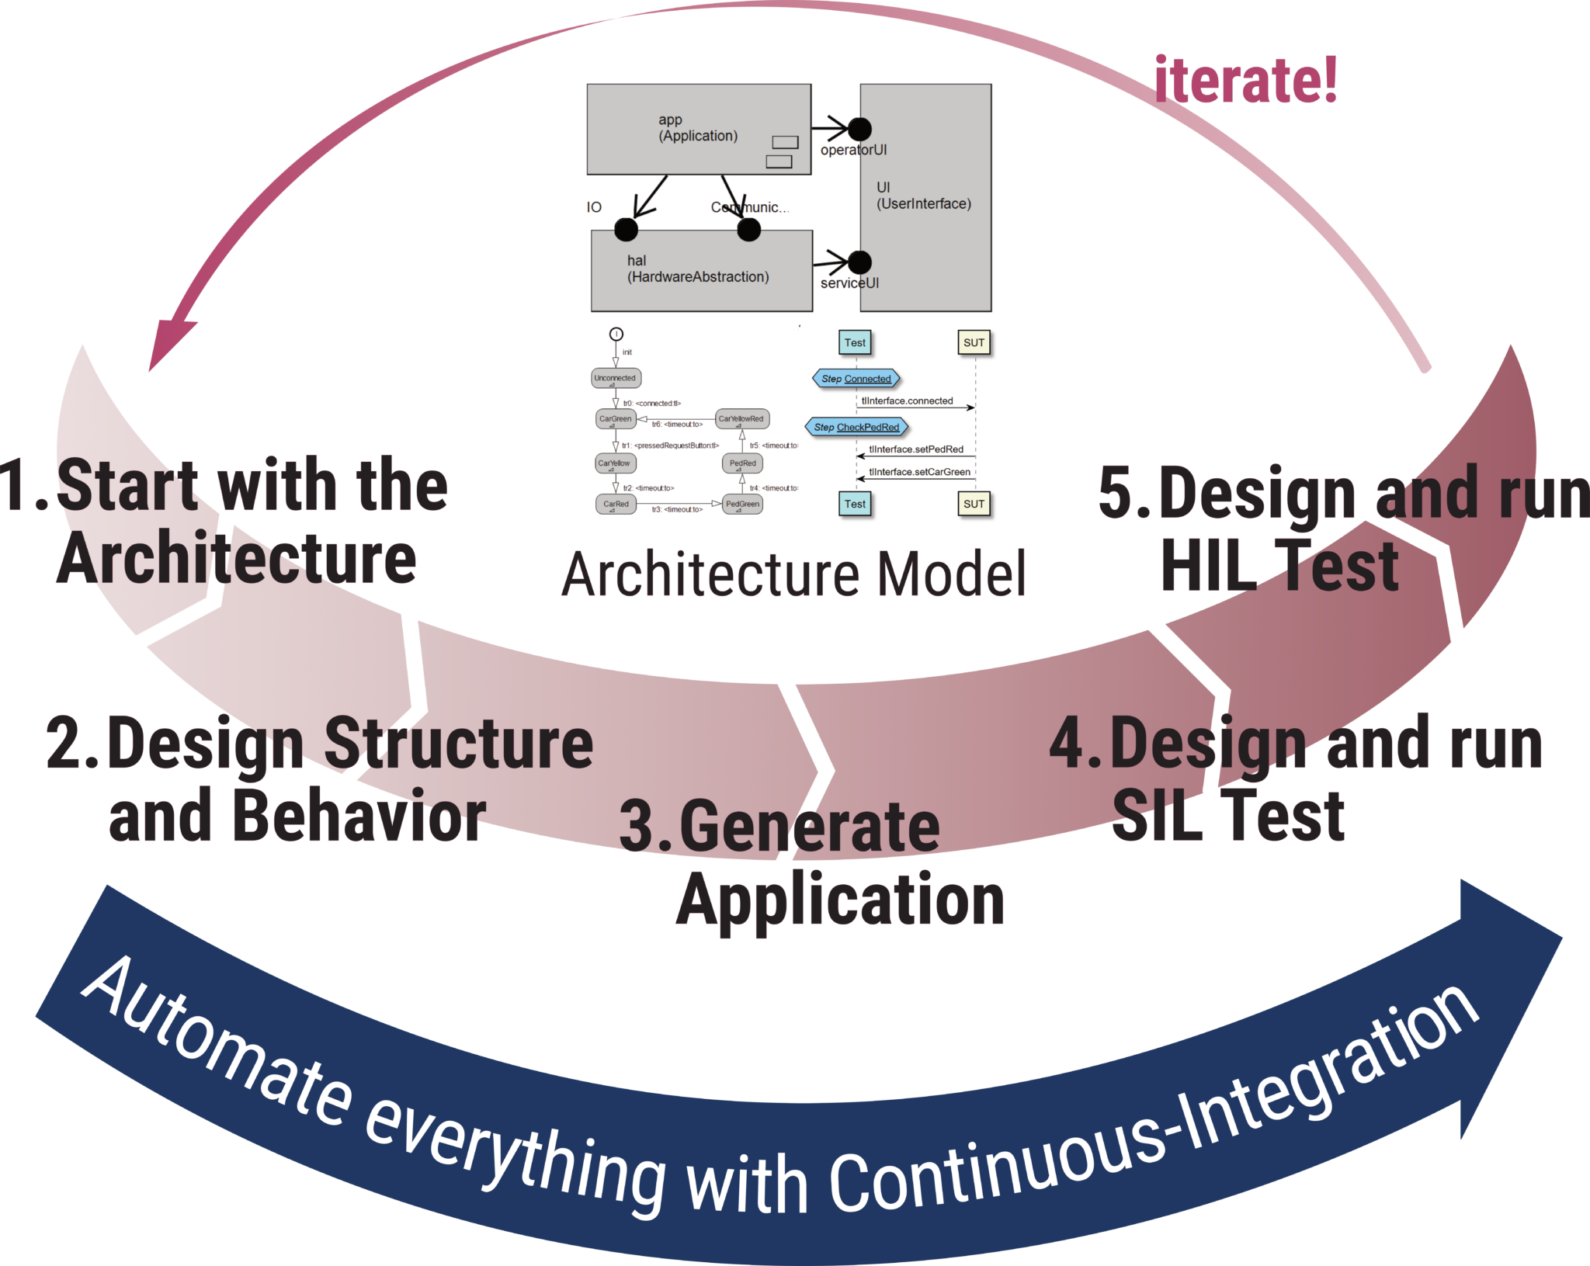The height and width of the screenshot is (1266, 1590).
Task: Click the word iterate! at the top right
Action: click(1245, 80)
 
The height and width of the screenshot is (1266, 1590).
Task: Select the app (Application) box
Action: click(698, 129)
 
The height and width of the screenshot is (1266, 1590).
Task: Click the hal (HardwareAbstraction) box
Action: click(701, 270)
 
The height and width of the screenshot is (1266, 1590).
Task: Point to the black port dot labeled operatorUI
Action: click(859, 129)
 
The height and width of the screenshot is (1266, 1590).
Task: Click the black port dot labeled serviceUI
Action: click(859, 262)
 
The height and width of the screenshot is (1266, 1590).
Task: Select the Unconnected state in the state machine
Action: click(615, 378)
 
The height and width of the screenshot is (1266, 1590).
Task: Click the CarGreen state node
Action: click(616, 419)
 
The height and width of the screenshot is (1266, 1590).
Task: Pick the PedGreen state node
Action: click(742, 504)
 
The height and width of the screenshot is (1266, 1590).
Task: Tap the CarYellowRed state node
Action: click(741, 419)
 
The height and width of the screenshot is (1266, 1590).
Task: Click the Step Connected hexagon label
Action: click(856, 379)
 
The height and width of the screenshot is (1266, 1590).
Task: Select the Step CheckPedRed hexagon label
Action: click(856, 427)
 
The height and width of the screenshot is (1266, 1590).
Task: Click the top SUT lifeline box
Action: click(974, 342)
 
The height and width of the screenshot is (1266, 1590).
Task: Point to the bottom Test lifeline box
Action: click(855, 504)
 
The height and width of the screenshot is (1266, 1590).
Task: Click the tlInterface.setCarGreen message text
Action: click(919, 472)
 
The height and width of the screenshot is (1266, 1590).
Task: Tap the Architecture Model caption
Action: click(793, 574)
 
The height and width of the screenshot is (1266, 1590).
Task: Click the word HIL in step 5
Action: click(1207, 567)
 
